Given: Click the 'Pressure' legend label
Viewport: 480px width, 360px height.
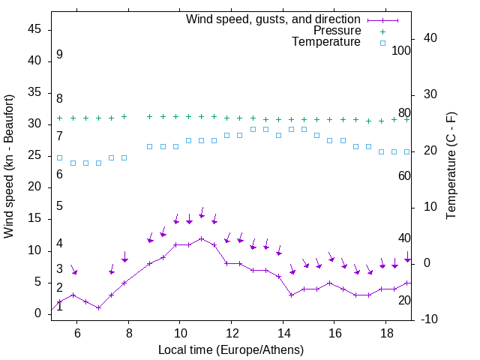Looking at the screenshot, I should [337, 31].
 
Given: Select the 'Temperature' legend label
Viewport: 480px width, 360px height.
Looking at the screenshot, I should [326, 43].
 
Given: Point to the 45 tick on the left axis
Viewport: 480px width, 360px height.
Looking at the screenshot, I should [35, 29].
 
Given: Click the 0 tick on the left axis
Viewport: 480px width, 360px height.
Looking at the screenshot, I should [38, 313].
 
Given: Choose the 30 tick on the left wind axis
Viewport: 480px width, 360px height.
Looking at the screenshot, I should [35, 124].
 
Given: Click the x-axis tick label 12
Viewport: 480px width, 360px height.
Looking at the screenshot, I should [232, 333].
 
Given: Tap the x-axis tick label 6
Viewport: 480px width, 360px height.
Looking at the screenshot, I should [77, 333].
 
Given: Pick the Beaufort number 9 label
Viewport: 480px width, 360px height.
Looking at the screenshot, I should [59, 55].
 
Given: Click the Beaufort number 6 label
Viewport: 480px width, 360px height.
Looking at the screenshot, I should [59, 175].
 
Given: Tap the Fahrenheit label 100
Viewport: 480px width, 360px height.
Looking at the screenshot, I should [401, 50].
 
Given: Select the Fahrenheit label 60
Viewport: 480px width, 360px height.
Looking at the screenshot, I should [404, 175].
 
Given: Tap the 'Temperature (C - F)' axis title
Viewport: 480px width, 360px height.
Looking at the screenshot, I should [451, 166].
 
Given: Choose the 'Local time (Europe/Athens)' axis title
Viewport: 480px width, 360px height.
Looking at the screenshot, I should [231, 349].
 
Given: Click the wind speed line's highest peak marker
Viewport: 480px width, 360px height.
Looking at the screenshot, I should [201, 238].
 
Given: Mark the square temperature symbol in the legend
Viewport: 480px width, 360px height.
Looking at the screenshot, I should [382, 43].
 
